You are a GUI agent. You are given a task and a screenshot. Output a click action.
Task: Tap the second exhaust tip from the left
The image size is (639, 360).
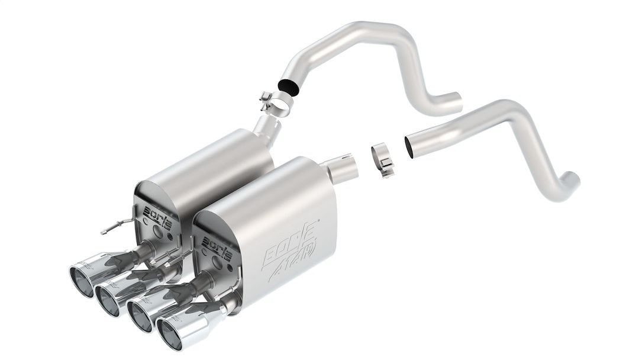click(108, 298)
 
